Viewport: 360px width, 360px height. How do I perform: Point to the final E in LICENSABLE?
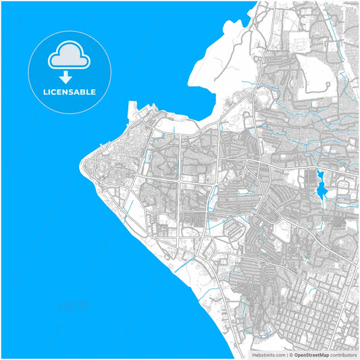(93, 92)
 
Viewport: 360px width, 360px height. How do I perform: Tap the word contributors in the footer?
(344, 354)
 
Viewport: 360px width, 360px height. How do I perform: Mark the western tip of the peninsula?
(81, 163)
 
